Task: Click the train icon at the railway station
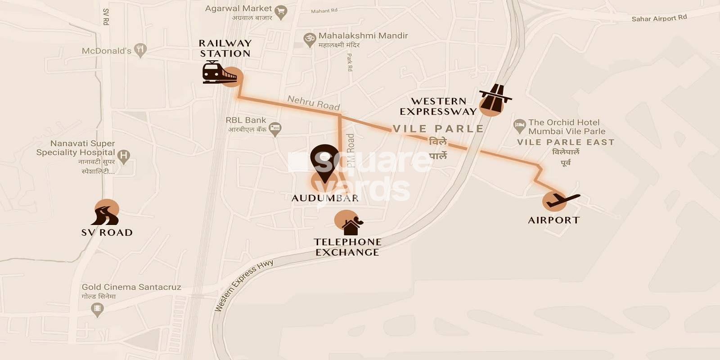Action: tap(219, 72)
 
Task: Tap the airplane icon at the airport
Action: tap(562, 200)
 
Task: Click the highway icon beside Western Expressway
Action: tap(495, 98)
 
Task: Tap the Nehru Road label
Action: tap(314, 103)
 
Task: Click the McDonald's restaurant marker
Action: tap(140, 50)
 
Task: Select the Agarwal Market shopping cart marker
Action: tap(281, 12)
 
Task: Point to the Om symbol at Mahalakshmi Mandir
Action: tap(310, 39)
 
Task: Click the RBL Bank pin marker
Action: tap(274, 129)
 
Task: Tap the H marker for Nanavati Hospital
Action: tap(123, 156)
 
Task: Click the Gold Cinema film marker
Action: tap(97, 309)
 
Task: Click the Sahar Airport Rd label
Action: tap(659, 18)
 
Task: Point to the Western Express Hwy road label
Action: tap(243, 285)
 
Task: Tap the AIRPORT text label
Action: tap(553, 220)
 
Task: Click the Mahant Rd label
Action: tap(324, 11)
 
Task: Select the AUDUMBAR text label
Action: tap(324, 198)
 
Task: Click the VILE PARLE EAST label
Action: tap(565, 142)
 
